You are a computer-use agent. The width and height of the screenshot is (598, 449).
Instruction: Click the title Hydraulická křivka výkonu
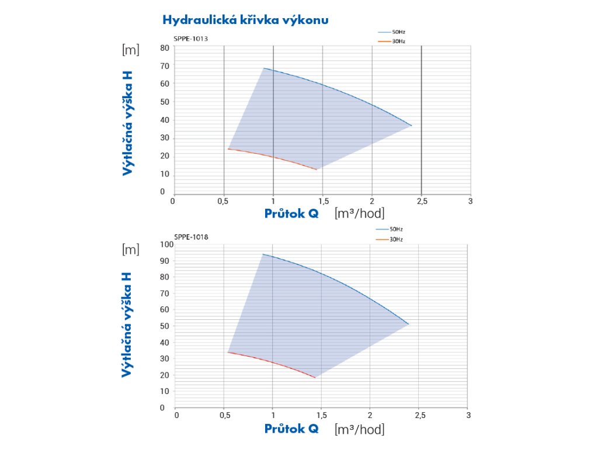[x=245, y=20]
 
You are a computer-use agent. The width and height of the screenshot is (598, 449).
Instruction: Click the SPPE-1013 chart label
[x=191, y=39]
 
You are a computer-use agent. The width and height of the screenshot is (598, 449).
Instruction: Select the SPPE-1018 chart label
[x=191, y=237]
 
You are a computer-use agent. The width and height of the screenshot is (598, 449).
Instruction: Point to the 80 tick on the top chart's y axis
[x=165, y=48]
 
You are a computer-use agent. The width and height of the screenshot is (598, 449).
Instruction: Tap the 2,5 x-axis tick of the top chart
[x=422, y=201]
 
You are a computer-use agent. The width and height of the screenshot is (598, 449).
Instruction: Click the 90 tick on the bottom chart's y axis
[x=165, y=261]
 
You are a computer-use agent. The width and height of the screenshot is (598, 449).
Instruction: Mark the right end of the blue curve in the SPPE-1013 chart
[x=412, y=126]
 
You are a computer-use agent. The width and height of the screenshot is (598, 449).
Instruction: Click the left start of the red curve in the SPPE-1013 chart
[x=228, y=148]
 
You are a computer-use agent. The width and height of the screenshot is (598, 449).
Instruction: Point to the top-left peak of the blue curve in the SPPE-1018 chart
[x=263, y=254]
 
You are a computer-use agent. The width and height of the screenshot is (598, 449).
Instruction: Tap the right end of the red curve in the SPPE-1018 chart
[x=315, y=378]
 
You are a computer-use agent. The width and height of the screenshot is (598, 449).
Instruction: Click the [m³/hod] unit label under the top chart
[x=359, y=213]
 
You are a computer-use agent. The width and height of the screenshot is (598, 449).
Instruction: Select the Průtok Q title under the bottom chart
[x=291, y=429]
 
